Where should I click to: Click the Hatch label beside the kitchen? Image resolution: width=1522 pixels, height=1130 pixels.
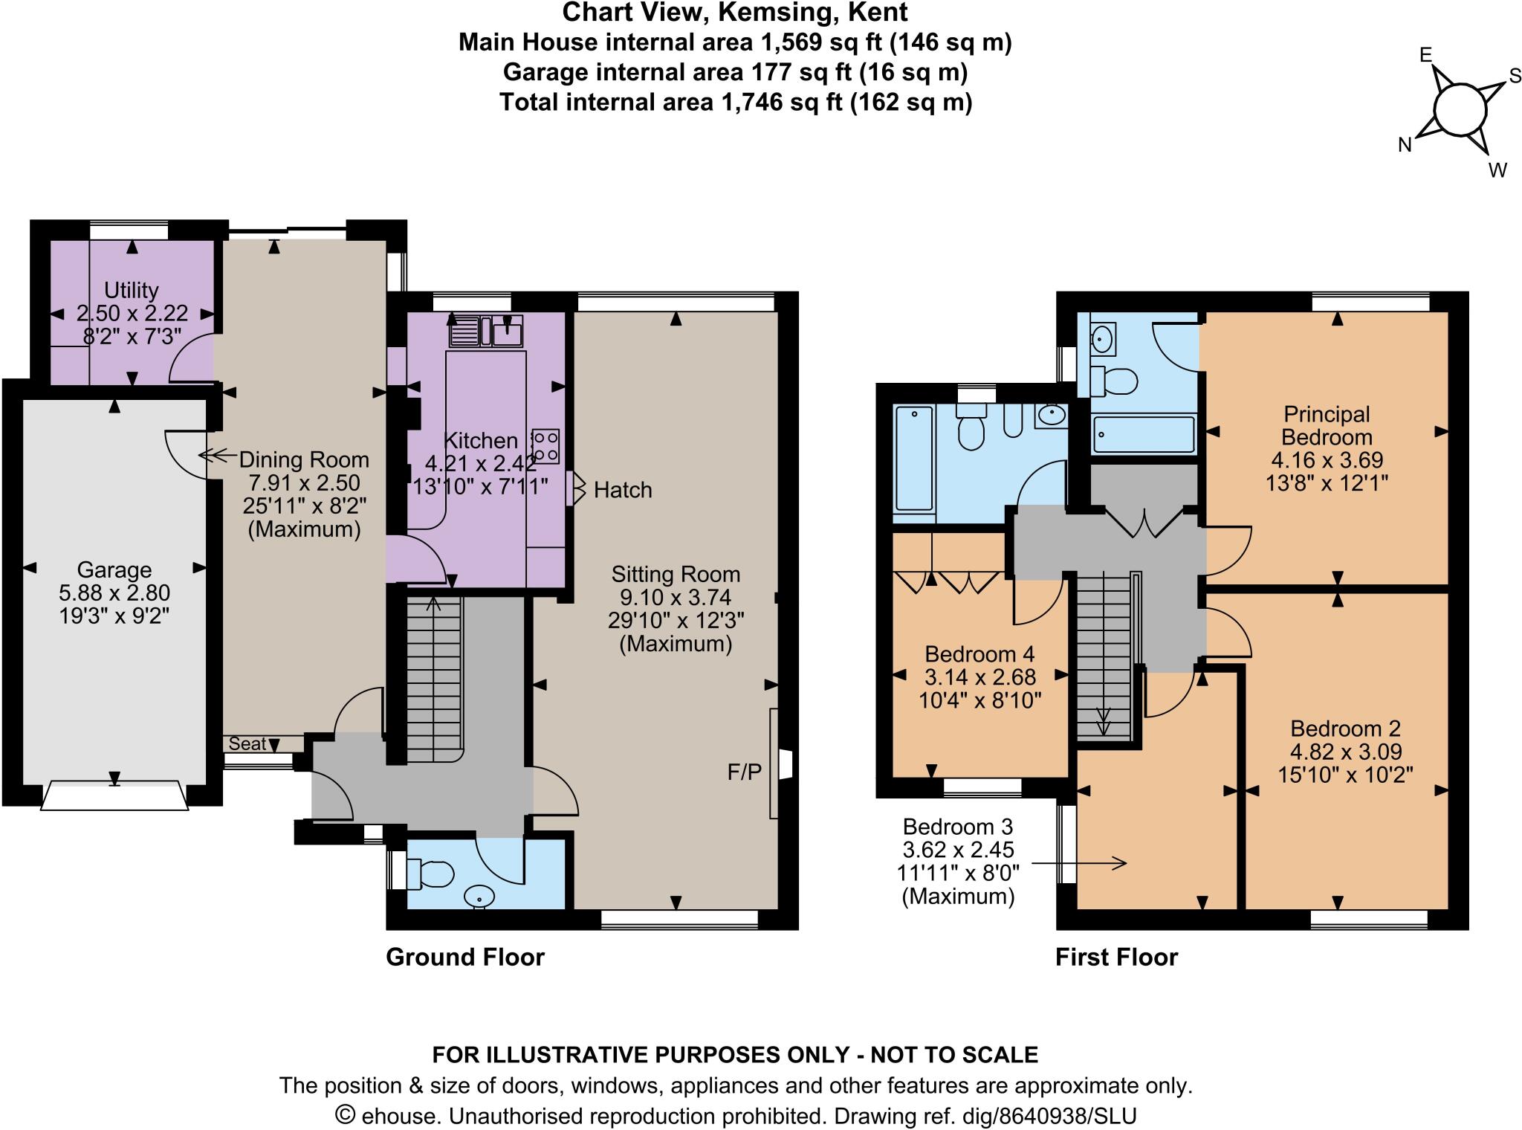tap(623, 490)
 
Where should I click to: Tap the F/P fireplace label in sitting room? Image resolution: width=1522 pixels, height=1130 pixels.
tap(744, 772)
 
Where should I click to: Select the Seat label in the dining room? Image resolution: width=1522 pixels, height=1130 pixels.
tap(247, 743)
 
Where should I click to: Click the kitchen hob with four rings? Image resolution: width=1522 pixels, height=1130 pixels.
tap(545, 446)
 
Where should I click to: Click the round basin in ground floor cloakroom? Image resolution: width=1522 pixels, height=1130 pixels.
tap(479, 898)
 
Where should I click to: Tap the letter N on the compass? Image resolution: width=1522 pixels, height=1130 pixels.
tap(1405, 145)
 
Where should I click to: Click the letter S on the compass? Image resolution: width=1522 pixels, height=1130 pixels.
tap(1515, 77)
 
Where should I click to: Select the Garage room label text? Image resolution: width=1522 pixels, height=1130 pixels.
tap(114, 570)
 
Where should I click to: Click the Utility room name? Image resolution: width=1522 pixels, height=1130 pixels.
tap(132, 290)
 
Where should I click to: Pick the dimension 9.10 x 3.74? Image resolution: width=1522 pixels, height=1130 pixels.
tap(676, 597)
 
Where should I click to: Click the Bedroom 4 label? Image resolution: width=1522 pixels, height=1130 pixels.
tap(979, 654)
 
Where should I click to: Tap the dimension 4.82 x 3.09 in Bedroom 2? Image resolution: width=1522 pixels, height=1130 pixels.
tap(1345, 752)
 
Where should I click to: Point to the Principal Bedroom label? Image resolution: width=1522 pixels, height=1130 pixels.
tap(1327, 425)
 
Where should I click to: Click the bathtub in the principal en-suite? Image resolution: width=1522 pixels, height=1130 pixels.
tap(1143, 434)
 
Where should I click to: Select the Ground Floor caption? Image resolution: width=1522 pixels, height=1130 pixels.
tap(465, 957)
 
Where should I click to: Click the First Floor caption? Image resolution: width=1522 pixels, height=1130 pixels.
tap(1116, 957)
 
